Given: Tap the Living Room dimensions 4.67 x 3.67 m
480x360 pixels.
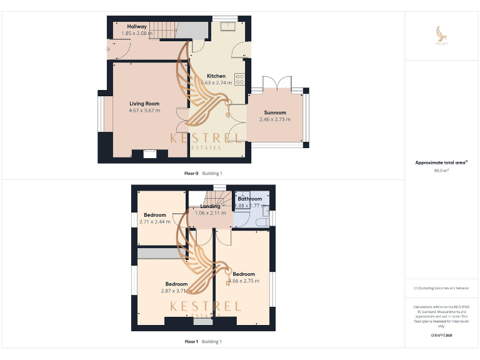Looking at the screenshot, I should (144, 111).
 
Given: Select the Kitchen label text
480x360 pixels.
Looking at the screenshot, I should (216, 76).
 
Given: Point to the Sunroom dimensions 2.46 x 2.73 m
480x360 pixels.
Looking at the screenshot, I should (275, 119).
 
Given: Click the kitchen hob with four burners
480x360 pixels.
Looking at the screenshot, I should (241, 81).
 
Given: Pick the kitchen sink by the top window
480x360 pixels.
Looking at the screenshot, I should (227, 26).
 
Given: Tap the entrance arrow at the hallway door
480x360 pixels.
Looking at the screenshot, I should (110, 47).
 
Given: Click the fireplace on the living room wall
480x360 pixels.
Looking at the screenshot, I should (149, 152).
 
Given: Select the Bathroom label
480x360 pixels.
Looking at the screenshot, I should (249, 199).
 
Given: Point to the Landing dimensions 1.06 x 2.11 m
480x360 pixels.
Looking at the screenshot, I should (210, 213).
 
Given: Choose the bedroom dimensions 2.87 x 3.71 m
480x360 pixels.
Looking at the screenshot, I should (176, 291).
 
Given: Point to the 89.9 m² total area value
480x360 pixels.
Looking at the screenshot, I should (441, 171).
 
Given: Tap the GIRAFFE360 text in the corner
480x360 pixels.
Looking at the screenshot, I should (441, 336).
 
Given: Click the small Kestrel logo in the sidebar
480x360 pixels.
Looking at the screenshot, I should (442, 35).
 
